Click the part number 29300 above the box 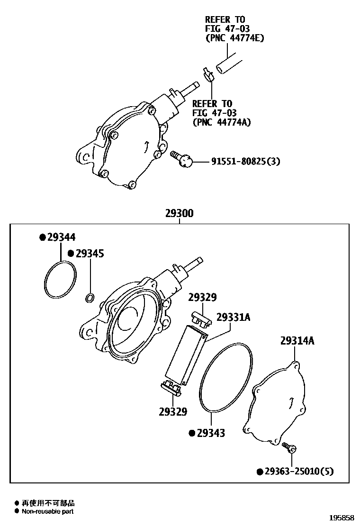click(179, 214)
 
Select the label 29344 click(61, 237)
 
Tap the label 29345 click(90, 254)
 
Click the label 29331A click(233, 317)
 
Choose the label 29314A click(297, 341)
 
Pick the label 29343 click(211, 433)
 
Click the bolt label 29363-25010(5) click(299, 471)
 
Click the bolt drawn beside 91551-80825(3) click(181, 158)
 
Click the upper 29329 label click(202, 298)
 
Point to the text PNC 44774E click(234, 38)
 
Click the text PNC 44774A click(222, 122)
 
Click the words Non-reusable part click(47, 511)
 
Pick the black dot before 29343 click(192, 433)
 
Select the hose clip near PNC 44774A click(207, 74)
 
